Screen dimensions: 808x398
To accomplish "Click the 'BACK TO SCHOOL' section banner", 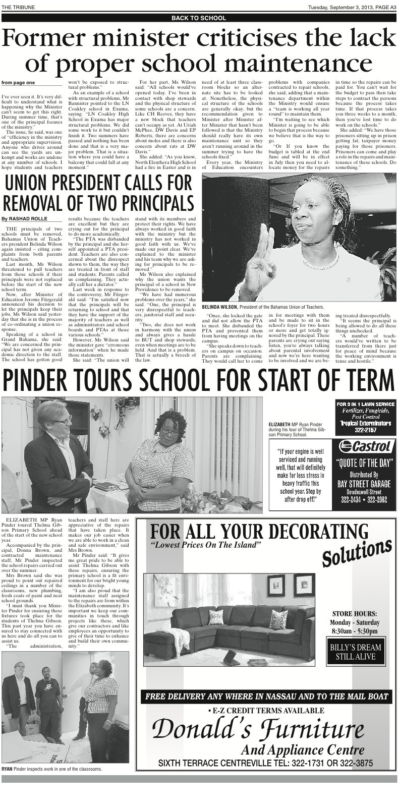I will point(199,18).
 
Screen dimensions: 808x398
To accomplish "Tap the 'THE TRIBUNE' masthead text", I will point(17,6).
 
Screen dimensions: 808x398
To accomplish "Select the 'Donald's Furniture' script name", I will point(259,730).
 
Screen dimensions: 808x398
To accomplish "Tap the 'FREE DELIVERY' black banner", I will point(267,697).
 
